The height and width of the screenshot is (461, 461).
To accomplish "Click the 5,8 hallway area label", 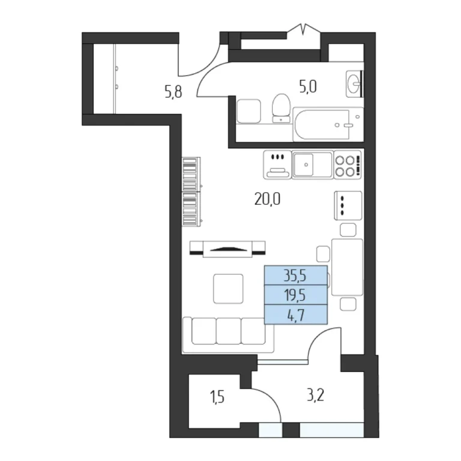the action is pyautogui.click(x=173, y=92).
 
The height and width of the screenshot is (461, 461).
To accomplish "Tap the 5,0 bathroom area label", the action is pyautogui.click(x=308, y=87).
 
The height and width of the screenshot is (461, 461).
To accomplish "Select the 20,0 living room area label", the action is pyautogui.click(x=267, y=199).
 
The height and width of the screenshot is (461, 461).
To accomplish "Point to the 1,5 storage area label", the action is pyautogui.click(x=217, y=397).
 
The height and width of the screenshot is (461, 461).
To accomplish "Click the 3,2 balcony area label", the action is pyautogui.click(x=316, y=396).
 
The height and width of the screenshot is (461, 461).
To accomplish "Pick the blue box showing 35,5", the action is pyautogui.click(x=296, y=275).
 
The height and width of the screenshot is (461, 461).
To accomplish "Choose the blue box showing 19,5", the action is pyautogui.click(x=296, y=295).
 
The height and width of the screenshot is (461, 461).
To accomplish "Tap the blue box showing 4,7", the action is pyautogui.click(x=296, y=315).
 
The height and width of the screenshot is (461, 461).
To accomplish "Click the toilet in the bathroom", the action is pyautogui.click(x=281, y=108).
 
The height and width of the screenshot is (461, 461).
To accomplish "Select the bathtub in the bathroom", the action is pyautogui.click(x=328, y=124).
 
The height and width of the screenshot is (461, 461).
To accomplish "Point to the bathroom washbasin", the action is pyautogui.click(x=354, y=84).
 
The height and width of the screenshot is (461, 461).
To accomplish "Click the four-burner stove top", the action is pyautogui.click(x=347, y=164).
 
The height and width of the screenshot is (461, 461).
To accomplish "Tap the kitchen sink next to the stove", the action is pyautogui.click(x=313, y=164).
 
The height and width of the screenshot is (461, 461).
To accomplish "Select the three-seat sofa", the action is pyautogui.click(x=228, y=334).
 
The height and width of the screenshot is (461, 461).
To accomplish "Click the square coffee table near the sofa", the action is pyautogui.click(x=229, y=289).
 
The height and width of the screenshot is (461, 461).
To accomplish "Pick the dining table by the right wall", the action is pyautogui.click(x=347, y=267).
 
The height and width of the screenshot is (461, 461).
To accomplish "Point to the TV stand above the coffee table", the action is pyautogui.click(x=227, y=249).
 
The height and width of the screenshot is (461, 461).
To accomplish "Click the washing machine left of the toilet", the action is pyautogui.click(x=249, y=111).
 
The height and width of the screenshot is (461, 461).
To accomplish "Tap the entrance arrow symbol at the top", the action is pyautogui.click(x=304, y=29).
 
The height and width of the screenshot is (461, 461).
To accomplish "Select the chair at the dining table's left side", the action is pyautogui.click(x=323, y=254).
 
